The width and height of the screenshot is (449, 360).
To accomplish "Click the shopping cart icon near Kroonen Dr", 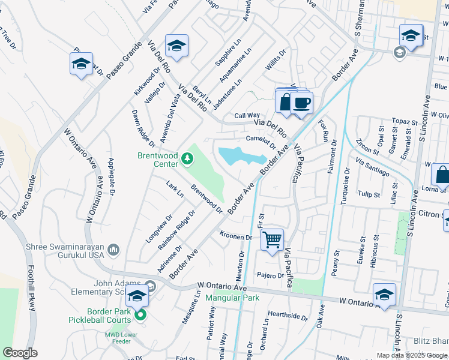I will [x=273, y=240].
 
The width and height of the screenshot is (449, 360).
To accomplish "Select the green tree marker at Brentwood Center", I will [x=188, y=158].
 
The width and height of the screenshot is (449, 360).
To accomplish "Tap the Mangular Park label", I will [x=232, y=298].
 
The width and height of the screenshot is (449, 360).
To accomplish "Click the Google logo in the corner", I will [x=20, y=353].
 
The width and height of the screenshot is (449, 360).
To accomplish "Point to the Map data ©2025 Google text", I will [x=412, y=355].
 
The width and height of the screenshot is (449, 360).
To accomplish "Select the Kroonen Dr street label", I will [x=236, y=236].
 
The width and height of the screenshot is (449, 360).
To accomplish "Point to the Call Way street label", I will [x=247, y=115].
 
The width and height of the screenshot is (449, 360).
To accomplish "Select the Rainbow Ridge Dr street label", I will [x=176, y=229].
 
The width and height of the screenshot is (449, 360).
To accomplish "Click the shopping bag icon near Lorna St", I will [x=441, y=175].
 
